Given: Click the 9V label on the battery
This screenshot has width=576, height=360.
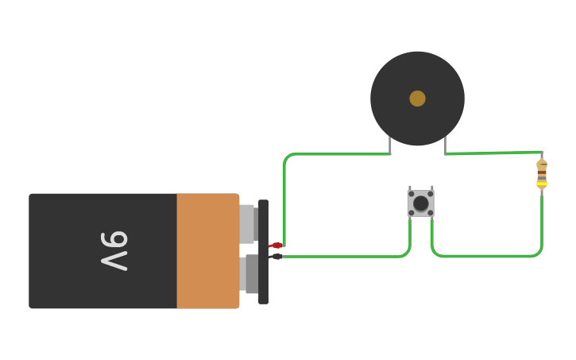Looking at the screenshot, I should [114, 250].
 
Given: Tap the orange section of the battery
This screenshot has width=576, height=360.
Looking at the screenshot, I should [207, 250].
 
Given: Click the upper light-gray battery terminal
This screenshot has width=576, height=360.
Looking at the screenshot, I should [247, 223].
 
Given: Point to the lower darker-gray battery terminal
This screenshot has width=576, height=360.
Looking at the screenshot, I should [251, 274].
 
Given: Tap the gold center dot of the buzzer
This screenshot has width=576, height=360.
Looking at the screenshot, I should [417, 99].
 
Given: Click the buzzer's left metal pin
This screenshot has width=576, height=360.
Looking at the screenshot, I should [390, 145].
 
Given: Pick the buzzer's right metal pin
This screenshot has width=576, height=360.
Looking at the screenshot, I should [445, 145].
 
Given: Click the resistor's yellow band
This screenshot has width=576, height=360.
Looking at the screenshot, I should [542, 184].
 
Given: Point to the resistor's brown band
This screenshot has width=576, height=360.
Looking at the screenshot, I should [542, 172].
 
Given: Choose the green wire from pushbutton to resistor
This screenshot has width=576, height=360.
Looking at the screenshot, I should [493, 256].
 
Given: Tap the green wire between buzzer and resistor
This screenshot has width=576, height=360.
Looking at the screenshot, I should [493, 153].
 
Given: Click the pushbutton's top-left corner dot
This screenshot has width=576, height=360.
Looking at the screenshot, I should [411, 193].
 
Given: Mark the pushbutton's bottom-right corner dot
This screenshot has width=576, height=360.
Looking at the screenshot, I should [431, 213].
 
